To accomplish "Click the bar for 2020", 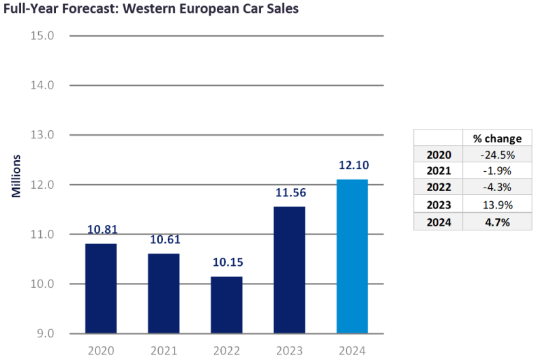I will point(101,288).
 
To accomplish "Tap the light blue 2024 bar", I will point(352,256).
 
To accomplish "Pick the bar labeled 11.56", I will point(289,270).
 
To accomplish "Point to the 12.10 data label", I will point(352,166).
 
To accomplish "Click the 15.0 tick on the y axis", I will point(42,35).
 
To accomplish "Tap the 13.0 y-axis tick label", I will point(42,135).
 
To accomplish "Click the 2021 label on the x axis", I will point(164,350).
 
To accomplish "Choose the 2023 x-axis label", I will point(289,350).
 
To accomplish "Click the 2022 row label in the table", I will point(438,188).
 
